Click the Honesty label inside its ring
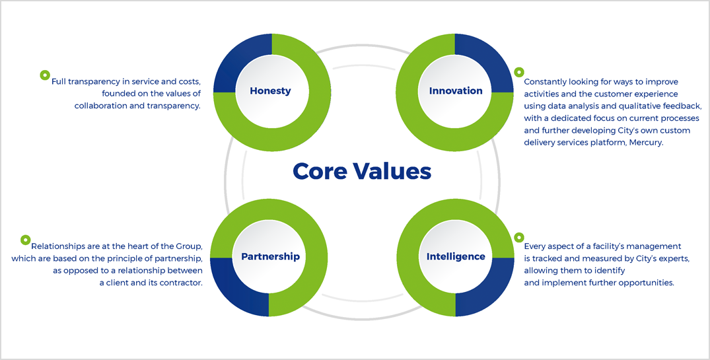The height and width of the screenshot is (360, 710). tap(270, 91)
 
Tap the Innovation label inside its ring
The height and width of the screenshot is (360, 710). tap(456, 91)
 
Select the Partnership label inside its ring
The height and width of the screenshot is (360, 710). tap(270, 257)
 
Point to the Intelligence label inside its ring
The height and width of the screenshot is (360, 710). tap(456, 257)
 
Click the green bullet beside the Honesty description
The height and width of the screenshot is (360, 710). tap(45, 75)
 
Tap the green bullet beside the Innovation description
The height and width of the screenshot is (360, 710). tap(519, 72)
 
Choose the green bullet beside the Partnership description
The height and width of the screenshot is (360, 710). tap(25, 240)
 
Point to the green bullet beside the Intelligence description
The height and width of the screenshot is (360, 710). tap(519, 237)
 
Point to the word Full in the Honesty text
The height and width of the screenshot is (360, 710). tap(57, 82)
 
